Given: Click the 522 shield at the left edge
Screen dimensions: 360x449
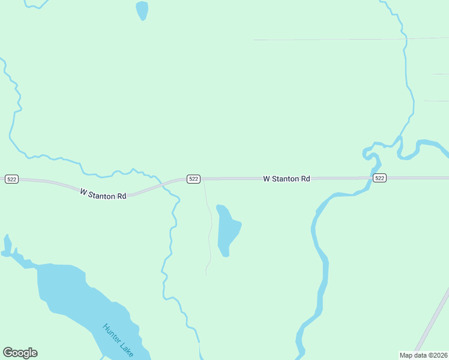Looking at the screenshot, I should pyautogui.click(x=11, y=179).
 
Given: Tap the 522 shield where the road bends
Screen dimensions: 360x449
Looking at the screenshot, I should pyautogui.click(x=193, y=179).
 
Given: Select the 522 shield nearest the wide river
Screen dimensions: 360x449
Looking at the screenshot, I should pyautogui.click(x=379, y=178).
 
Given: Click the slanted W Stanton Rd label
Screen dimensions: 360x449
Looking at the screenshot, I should pyautogui.click(x=103, y=194).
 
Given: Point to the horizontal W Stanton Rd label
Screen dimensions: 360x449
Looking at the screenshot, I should pyautogui.click(x=286, y=179).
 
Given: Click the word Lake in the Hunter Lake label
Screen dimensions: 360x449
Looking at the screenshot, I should pyautogui.click(x=127, y=350).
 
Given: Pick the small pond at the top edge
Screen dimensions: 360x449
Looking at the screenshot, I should pyautogui.click(x=142, y=10).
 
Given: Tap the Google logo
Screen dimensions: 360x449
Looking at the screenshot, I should pyautogui.click(x=20, y=353).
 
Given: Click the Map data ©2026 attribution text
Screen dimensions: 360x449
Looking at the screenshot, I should pyautogui.click(x=423, y=355).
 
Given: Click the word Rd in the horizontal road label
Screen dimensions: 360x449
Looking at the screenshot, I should pyautogui.click(x=305, y=179).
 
